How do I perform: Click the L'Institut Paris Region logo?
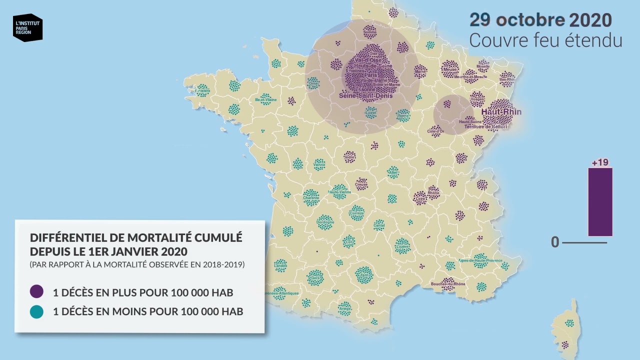(27, 27)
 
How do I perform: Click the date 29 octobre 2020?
(540, 20)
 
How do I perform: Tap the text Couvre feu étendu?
(545, 40)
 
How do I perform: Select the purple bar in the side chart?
(599, 201)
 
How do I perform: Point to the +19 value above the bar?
(599, 162)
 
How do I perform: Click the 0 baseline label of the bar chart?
(555, 242)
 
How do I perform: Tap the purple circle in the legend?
(36, 292)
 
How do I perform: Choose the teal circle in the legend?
(36, 312)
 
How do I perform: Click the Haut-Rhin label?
(501, 111)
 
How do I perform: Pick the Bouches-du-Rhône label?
(447, 284)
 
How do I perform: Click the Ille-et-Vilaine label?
(265, 100)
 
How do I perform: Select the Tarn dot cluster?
(364, 274)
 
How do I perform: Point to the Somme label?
(369, 33)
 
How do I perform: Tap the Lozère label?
(402, 246)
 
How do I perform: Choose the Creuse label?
(361, 184)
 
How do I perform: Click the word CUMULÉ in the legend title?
(216, 237)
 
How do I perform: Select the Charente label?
(311, 198)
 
